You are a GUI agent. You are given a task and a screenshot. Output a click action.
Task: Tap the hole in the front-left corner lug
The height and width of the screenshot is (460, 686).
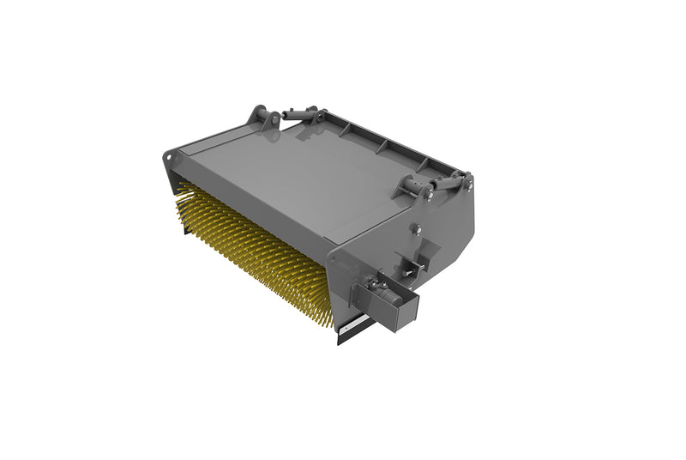[169, 157]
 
